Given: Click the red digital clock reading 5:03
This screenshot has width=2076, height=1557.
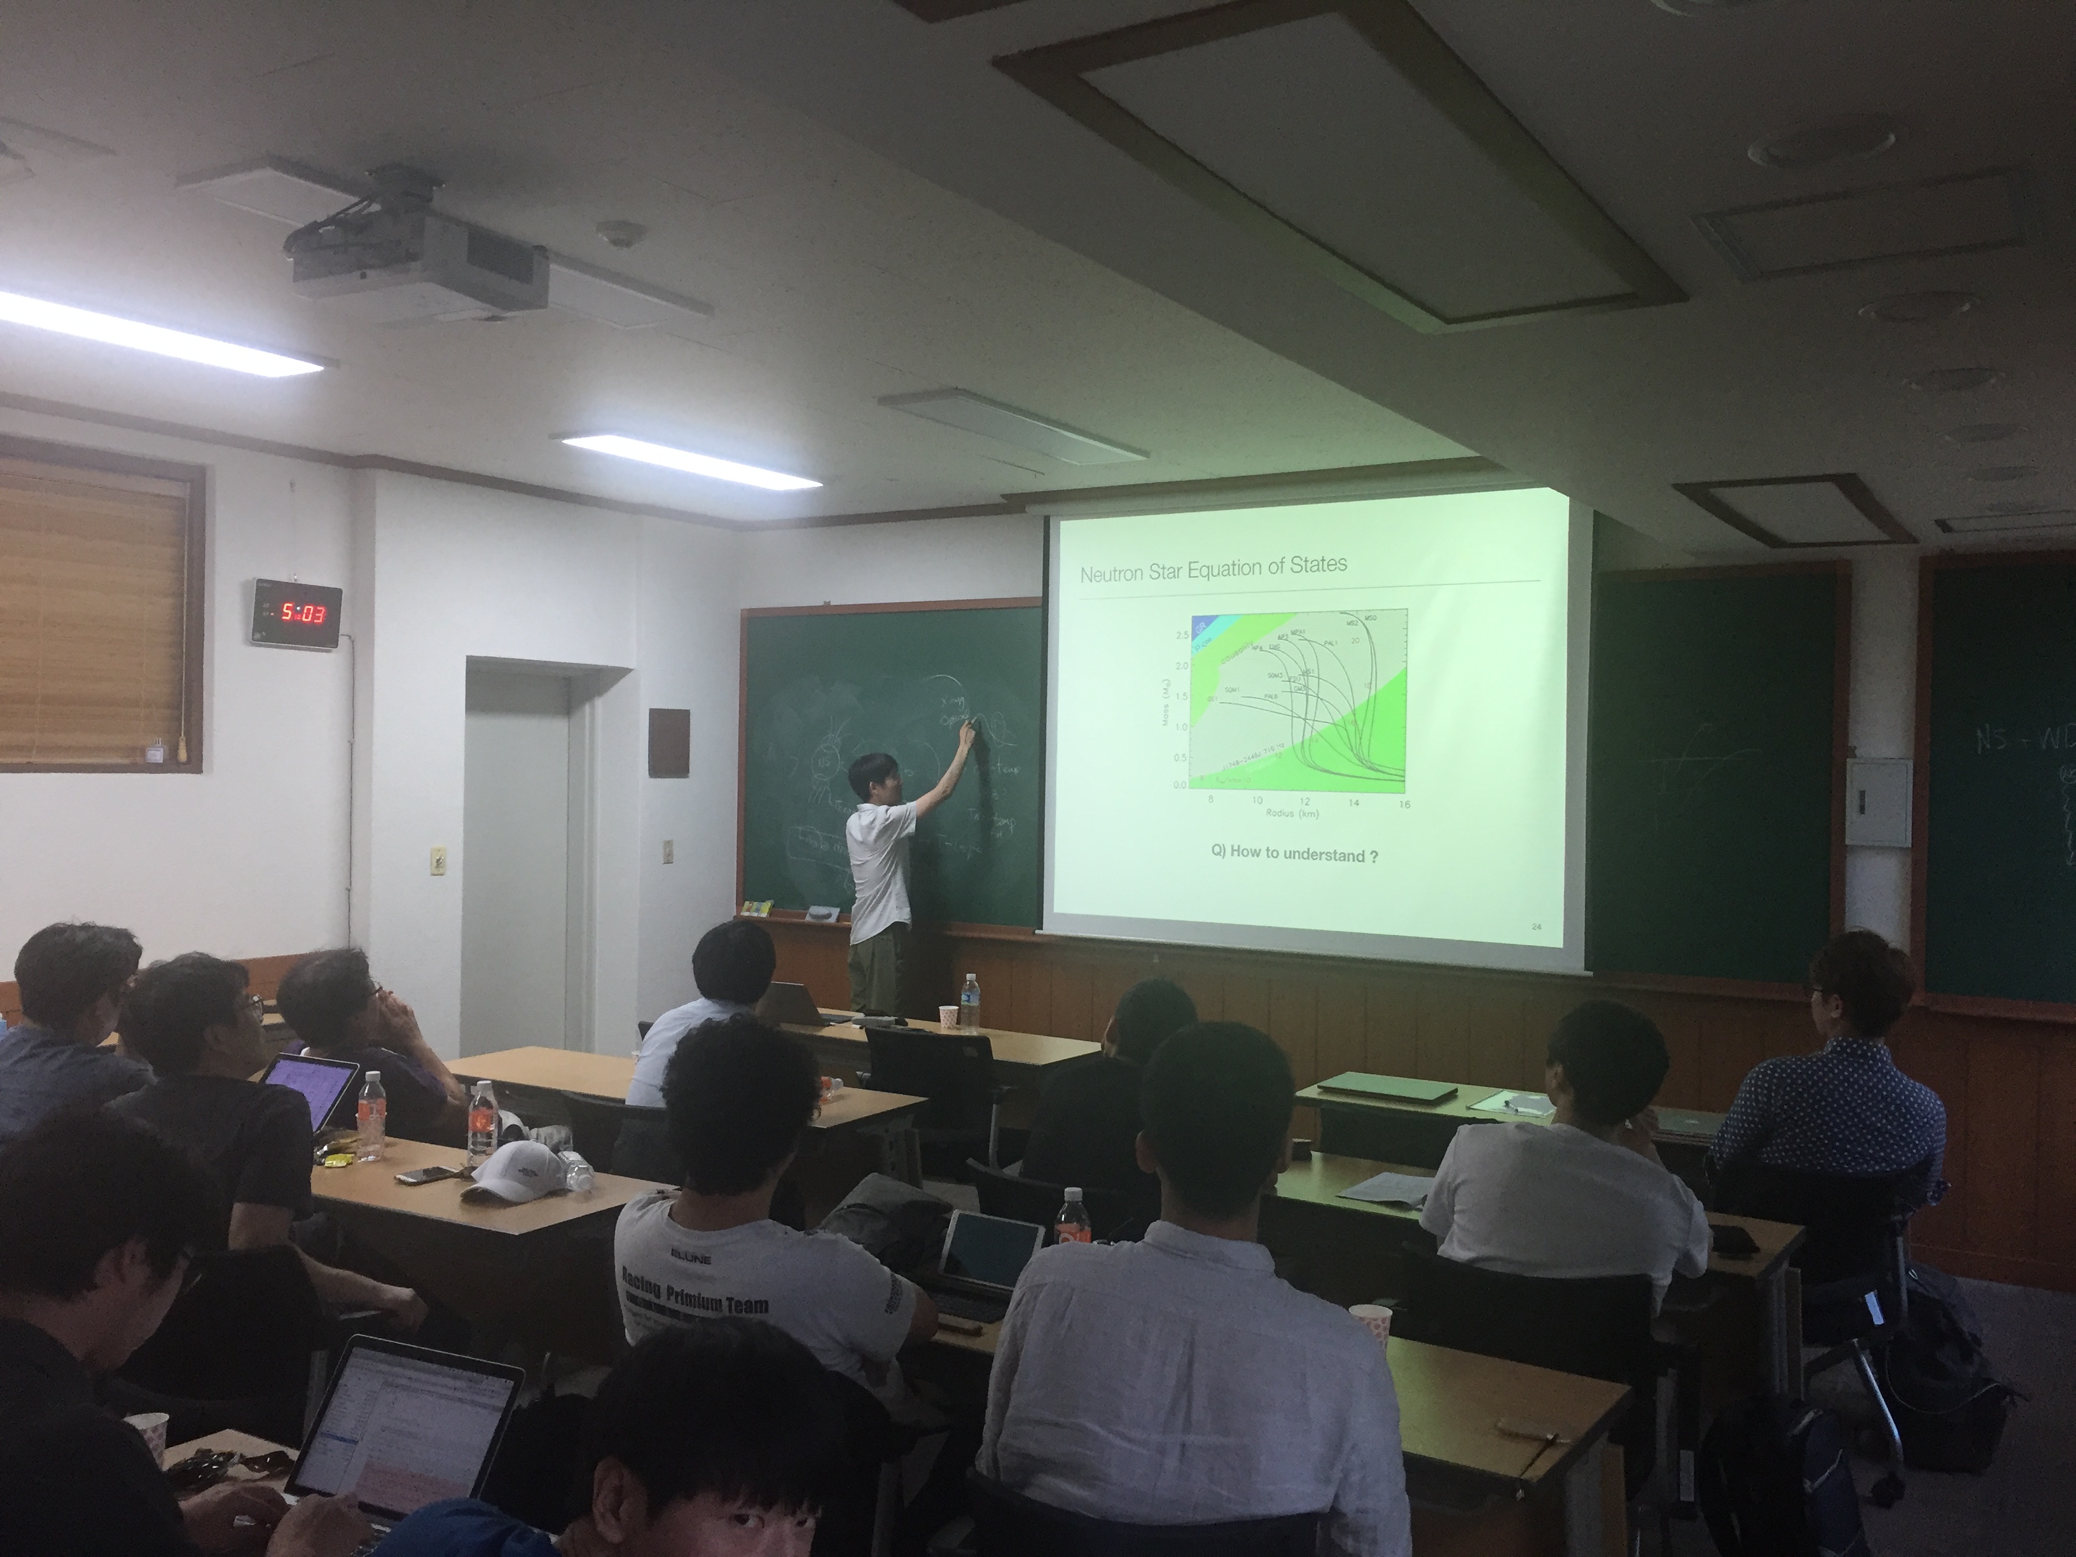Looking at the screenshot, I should click(x=296, y=613).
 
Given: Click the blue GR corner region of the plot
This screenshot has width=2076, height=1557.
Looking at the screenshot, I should click(x=1201, y=621).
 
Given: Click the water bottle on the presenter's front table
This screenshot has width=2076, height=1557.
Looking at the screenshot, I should click(x=969, y=1002).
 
